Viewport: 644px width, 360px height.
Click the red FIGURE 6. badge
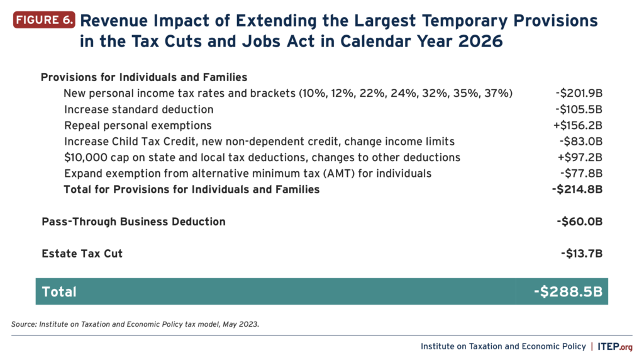click(44, 20)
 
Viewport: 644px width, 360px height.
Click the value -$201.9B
click(579, 93)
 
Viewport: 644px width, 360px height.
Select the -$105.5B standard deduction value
click(579, 110)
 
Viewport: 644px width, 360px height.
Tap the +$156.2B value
click(579, 125)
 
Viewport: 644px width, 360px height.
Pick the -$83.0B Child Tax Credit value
click(581, 141)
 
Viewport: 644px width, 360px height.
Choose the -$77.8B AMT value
click(581, 173)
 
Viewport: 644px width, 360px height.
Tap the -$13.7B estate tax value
click(581, 254)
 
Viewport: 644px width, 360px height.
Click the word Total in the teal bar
click(59, 291)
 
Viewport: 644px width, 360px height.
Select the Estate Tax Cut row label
click(82, 254)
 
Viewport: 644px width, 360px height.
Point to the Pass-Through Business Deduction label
click(133, 222)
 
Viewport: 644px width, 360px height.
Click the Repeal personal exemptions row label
click(138, 125)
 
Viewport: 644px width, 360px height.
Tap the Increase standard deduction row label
click(135, 110)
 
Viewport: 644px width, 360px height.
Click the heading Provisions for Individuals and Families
click(144, 77)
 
